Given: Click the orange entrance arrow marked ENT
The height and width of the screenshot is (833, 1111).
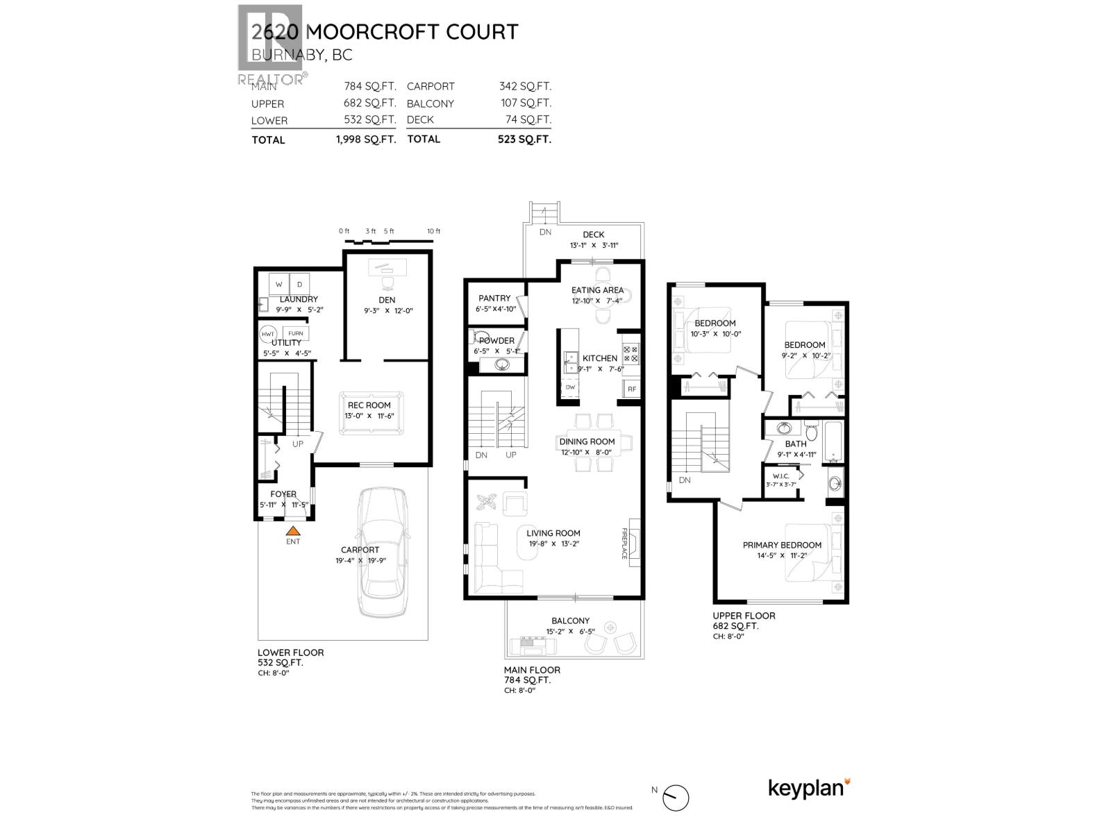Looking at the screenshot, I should [x=293, y=530].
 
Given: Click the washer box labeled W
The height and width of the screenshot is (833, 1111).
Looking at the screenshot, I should [x=279, y=285].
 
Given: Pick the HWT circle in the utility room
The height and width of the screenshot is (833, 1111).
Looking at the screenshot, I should [x=267, y=334].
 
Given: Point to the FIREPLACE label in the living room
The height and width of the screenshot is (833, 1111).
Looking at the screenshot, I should [x=624, y=543].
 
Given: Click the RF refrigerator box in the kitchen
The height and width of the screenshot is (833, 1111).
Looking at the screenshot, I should [x=631, y=389].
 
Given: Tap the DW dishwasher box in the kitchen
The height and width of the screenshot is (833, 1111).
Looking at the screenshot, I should [x=570, y=387].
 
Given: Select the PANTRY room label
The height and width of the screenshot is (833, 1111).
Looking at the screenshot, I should [x=494, y=298].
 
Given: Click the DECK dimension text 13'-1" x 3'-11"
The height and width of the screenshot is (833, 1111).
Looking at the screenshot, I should [x=594, y=246].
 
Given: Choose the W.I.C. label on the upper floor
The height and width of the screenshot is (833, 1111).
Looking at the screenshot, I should [x=777, y=476].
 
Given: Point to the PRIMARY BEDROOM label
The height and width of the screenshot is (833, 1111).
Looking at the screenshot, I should [x=782, y=545].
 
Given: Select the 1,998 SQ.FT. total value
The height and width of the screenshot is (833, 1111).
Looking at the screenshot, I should [x=365, y=140].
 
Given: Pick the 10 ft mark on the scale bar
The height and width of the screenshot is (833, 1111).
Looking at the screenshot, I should [x=433, y=231].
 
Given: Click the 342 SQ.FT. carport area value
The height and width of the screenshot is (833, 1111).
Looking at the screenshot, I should [x=525, y=87].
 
